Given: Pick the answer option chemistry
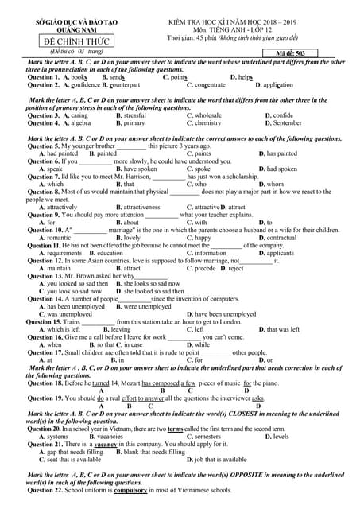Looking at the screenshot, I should (x=208, y=123).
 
